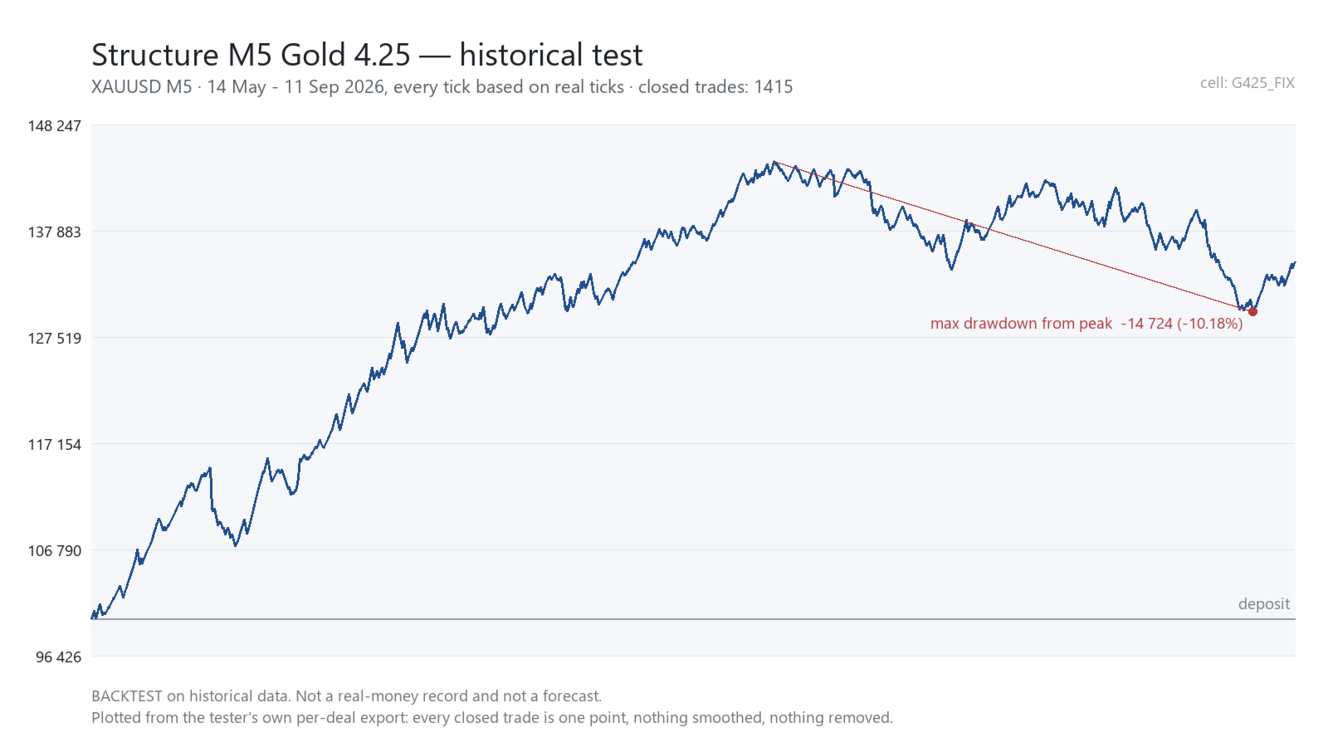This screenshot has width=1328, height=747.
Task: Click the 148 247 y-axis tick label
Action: [x=55, y=125]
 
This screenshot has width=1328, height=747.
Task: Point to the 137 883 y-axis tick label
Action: [x=55, y=232]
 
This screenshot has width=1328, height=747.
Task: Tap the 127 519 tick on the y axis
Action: [x=55, y=339]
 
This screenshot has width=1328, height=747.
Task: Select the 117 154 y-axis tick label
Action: [x=55, y=445]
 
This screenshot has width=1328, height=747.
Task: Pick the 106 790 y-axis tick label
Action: [x=55, y=551]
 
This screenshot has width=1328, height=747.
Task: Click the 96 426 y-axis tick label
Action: [x=59, y=657]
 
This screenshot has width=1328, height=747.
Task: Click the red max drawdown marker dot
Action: [x=1252, y=312]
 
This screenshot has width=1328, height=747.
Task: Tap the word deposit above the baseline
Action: [x=1264, y=604]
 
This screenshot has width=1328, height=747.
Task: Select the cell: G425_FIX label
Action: [x=1247, y=83]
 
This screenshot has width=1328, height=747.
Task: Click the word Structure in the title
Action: [x=155, y=55]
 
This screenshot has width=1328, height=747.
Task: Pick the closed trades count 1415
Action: [x=773, y=87]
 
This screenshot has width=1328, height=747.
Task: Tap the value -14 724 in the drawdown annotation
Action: [x=1146, y=324]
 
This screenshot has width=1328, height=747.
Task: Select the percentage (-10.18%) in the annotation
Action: [x=1210, y=324]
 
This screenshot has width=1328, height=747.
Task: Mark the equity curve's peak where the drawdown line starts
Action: [x=774, y=161]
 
